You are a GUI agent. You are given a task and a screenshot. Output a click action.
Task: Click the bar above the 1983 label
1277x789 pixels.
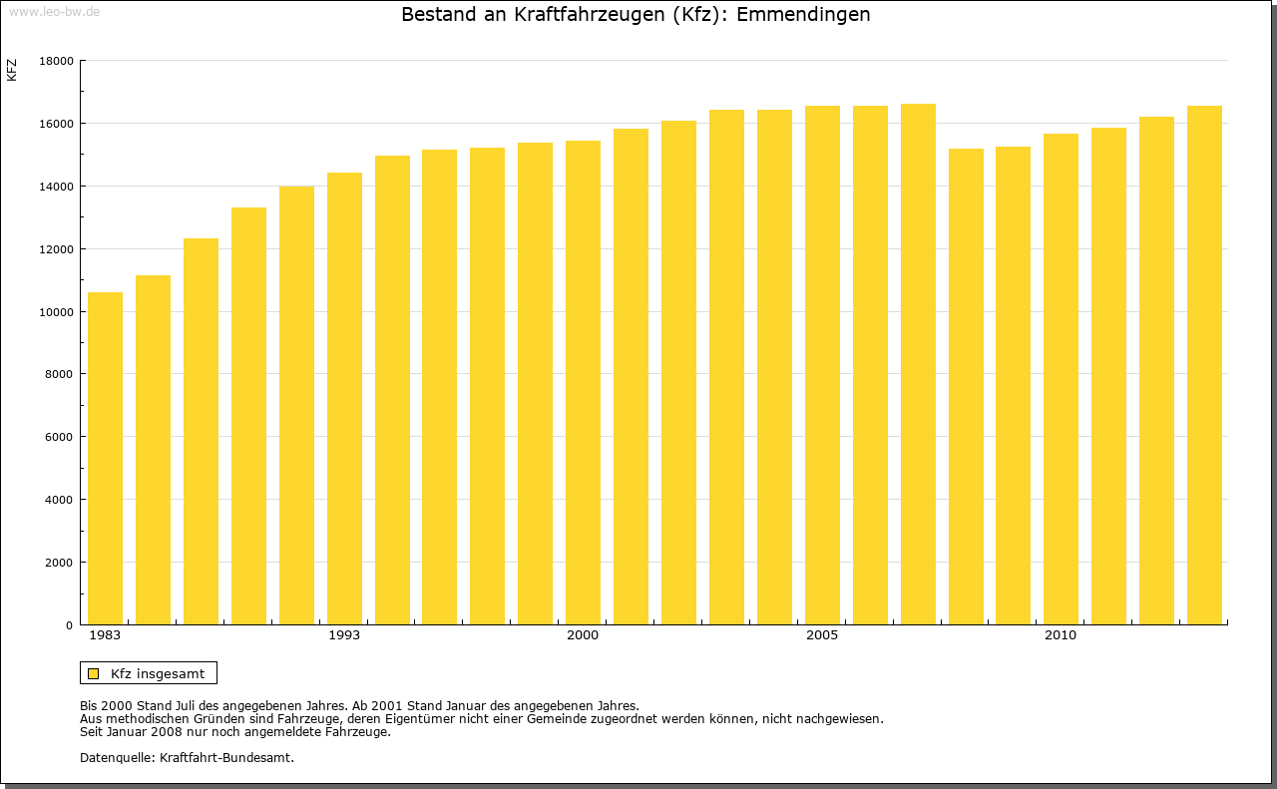point(105,459)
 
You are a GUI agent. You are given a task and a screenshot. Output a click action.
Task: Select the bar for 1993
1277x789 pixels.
point(344,399)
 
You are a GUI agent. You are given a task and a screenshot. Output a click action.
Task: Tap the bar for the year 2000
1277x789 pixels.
point(583,383)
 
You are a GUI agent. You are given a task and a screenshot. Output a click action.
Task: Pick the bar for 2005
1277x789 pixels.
point(822,365)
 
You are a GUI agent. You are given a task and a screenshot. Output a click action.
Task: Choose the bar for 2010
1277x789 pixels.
point(1061,379)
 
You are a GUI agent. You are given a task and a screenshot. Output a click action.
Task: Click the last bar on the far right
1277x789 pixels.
point(1204,365)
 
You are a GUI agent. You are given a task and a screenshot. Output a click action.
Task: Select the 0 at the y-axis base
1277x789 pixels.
point(70,625)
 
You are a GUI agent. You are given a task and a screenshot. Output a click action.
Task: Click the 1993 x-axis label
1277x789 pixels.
point(344,635)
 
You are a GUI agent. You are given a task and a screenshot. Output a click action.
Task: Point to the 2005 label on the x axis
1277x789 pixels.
point(822,635)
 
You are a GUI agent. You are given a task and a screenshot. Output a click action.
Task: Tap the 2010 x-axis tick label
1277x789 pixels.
point(1061,635)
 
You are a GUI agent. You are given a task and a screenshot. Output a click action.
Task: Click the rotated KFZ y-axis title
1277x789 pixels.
point(12,70)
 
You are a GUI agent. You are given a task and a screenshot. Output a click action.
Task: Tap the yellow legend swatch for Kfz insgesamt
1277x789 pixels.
point(94,673)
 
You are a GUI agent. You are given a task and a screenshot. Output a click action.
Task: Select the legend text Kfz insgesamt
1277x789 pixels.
point(158,673)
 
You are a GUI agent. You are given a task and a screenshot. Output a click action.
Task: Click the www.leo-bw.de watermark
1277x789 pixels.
point(54,10)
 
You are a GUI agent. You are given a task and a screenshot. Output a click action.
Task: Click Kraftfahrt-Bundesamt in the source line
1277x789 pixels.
point(226,757)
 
